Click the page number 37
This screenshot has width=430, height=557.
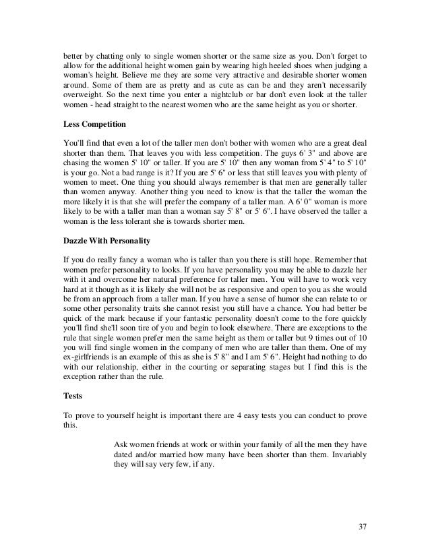coord(365,526)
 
